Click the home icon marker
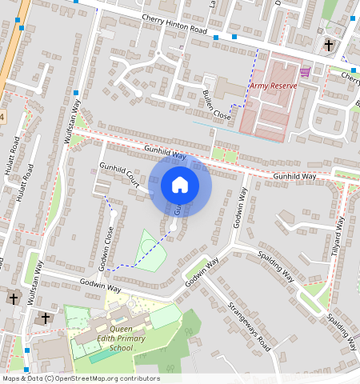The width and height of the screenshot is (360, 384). [180, 185]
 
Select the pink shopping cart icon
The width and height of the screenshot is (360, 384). [304, 73]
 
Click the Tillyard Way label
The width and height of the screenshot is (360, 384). [338, 238]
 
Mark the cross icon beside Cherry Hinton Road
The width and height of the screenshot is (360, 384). [329, 45]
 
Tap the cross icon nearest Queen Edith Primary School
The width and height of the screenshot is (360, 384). [45, 318]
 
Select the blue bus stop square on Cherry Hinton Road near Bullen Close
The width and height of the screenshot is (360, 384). [234, 36]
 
